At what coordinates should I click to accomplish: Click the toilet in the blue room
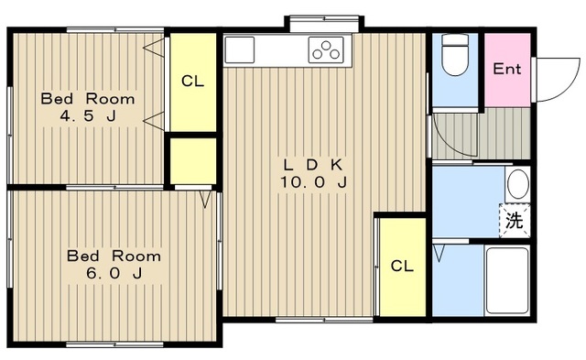click(455, 55)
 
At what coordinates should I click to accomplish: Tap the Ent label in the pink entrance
click(506, 69)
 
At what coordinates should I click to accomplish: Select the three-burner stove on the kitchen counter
click(326, 50)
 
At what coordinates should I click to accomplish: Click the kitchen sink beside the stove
click(240, 50)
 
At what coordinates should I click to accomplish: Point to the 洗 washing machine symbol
click(515, 221)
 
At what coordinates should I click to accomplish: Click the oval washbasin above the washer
click(518, 184)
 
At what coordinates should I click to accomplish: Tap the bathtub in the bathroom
click(507, 280)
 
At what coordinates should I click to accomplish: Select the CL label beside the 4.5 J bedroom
click(193, 81)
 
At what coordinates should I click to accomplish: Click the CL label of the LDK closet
click(402, 266)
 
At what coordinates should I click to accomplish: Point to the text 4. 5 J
click(88, 116)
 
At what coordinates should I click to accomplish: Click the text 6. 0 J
click(114, 274)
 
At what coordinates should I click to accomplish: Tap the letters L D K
click(313, 165)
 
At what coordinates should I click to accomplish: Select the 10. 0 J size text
click(313, 182)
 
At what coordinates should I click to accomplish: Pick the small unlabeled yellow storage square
click(193, 160)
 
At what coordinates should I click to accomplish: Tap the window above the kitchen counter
click(324, 17)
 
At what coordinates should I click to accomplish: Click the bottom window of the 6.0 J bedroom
click(115, 344)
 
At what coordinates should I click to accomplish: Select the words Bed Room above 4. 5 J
click(88, 99)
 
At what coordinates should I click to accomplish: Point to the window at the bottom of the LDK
click(324, 320)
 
